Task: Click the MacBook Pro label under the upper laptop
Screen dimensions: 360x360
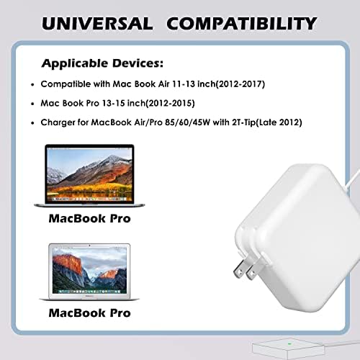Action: coord(89,218)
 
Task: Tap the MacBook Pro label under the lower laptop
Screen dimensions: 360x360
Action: coord(89,313)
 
